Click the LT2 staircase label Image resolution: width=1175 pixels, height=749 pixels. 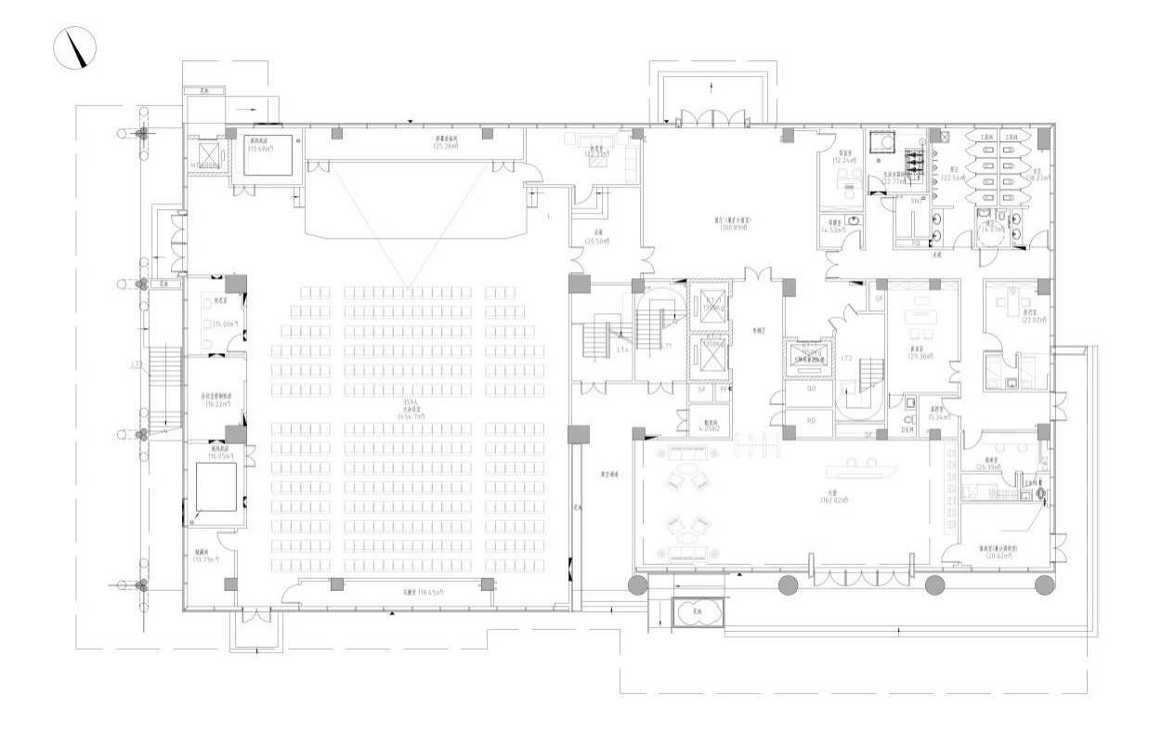846,358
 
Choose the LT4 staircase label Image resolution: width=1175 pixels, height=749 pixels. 624,350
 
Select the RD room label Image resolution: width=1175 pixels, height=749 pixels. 811,420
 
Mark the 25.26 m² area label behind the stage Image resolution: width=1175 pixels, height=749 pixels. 449,146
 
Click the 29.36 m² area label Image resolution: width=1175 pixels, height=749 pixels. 921,356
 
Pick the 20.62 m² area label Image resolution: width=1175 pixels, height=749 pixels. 999,555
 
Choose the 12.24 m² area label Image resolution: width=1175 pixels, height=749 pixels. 846,160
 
